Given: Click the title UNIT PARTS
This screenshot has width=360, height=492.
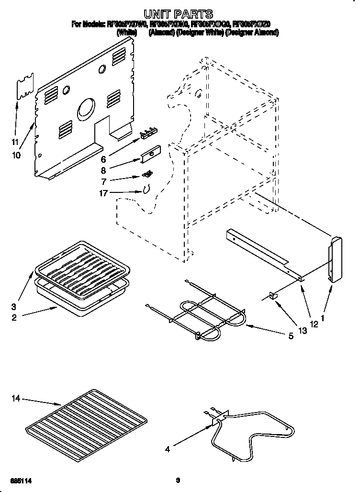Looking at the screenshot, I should click(178, 14).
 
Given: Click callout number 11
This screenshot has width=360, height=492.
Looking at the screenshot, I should click(15, 142).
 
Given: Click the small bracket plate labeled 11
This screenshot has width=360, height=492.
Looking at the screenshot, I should click(25, 87).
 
